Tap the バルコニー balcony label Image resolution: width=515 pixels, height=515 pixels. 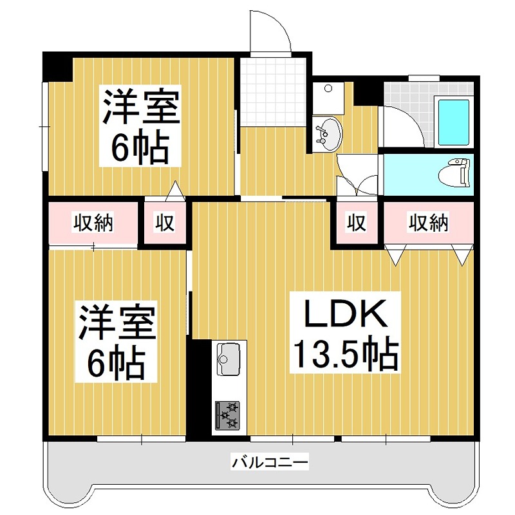(270, 463)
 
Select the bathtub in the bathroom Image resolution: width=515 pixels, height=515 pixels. (453, 123)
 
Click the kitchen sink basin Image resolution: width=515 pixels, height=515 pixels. (229, 359)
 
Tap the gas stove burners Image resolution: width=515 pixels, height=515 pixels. (227, 415)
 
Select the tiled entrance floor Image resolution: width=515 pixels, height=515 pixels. (273, 92)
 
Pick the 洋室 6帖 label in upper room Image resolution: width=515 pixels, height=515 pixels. (140, 126)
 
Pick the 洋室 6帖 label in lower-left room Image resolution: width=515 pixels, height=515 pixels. (116, 342)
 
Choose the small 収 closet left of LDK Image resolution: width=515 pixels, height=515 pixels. (165, 223)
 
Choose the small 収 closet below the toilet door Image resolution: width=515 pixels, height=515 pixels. (357, 223)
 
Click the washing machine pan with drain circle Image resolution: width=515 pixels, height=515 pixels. (328, 98)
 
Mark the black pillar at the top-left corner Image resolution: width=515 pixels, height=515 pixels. (58, 67)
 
